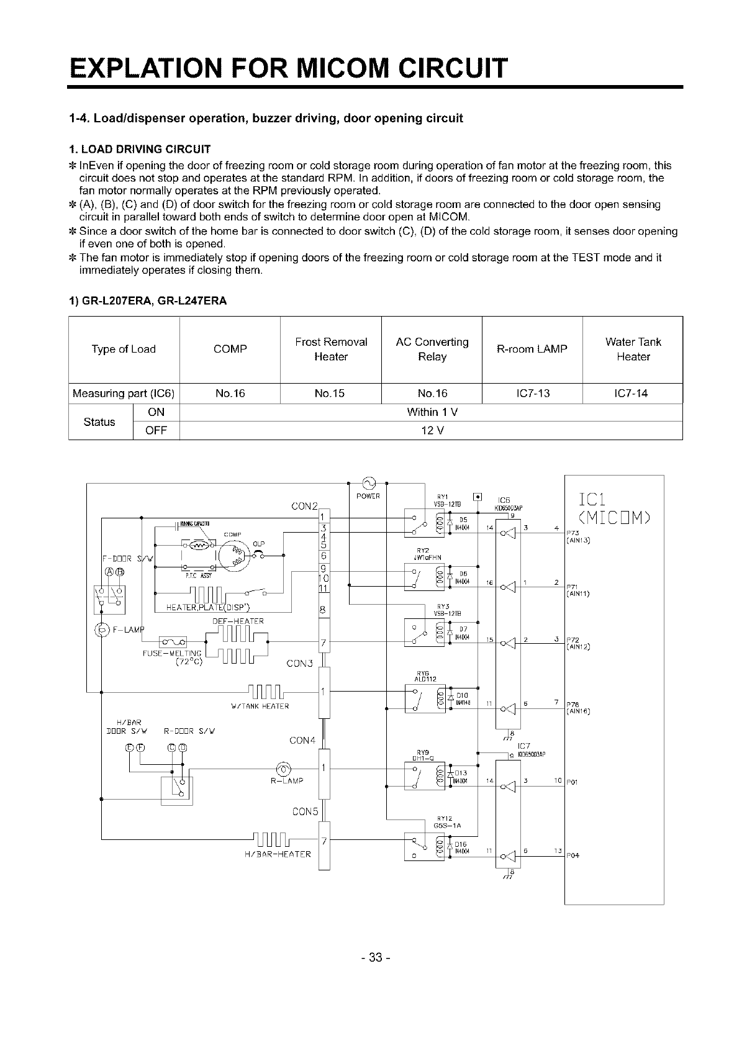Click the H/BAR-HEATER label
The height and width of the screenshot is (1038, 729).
pos(278,854)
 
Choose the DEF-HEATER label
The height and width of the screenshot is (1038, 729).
pos(238,621)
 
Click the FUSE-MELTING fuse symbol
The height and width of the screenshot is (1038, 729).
pos(173,641)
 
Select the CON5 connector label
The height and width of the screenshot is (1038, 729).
pos(304,811)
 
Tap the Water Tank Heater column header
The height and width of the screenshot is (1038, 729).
pos(633,349)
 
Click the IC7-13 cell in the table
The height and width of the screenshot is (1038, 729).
pos(532,394)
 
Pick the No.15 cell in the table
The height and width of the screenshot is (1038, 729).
pos(330,394)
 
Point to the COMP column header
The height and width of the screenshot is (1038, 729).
pos(230,349)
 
